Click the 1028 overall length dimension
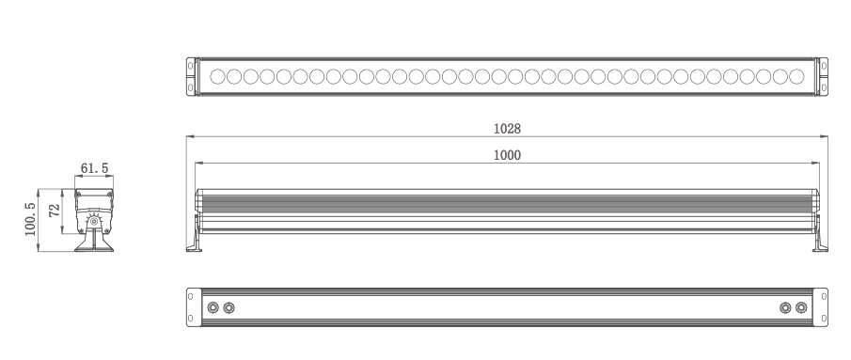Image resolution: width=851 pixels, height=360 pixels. (507, 129)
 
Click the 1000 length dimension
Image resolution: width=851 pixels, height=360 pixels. (507, 155)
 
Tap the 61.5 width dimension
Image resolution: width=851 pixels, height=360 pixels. (94, 168)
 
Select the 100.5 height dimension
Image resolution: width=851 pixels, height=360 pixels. (30, 220)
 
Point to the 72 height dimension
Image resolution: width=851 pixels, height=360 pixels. (55, 211)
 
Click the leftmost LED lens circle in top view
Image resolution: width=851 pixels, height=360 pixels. (217, 76)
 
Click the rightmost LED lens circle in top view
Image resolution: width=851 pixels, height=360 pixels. (796, 76)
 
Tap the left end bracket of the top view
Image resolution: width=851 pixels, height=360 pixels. (191, 76)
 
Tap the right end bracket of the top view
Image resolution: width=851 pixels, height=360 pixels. (824, 76)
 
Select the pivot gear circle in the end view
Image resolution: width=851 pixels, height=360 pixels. (94, 221)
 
